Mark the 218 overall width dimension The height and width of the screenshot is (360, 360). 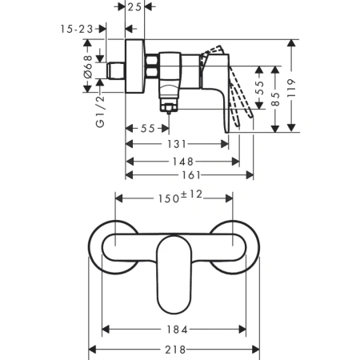point(174,350)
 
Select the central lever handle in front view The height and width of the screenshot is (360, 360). point(174,272)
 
